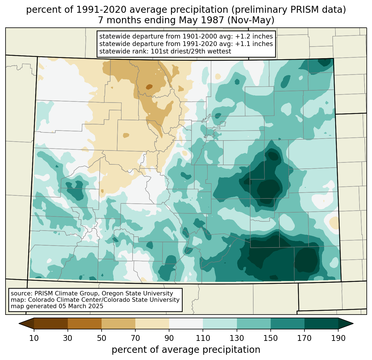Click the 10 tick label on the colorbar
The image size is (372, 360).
(34, 338)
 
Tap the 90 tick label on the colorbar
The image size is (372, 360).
(169, 338)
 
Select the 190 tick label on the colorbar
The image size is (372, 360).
(338, 338)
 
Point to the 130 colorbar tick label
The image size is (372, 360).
(237, 338)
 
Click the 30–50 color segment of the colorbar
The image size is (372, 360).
(85, 323)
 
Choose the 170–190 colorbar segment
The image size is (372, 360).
(321, 323)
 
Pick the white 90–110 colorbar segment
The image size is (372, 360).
(186, 323)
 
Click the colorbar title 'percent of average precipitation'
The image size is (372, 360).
(186, 350)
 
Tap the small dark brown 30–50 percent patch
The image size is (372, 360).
(149, 87)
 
